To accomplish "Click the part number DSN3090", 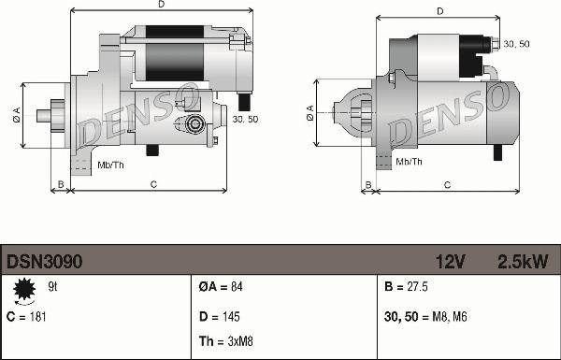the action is pos(44,262).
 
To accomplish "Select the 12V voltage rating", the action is pos(451,262).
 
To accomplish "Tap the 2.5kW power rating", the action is pos(523,262).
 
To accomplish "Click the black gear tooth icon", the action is pos(24,289).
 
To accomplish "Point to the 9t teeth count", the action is pos(52,287).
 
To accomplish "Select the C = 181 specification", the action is pos(26,317).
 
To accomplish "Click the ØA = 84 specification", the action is pos(221,287).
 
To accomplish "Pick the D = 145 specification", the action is pos(220,317).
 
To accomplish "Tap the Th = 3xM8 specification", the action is pos(225,341).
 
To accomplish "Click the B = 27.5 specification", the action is pos(406,287).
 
